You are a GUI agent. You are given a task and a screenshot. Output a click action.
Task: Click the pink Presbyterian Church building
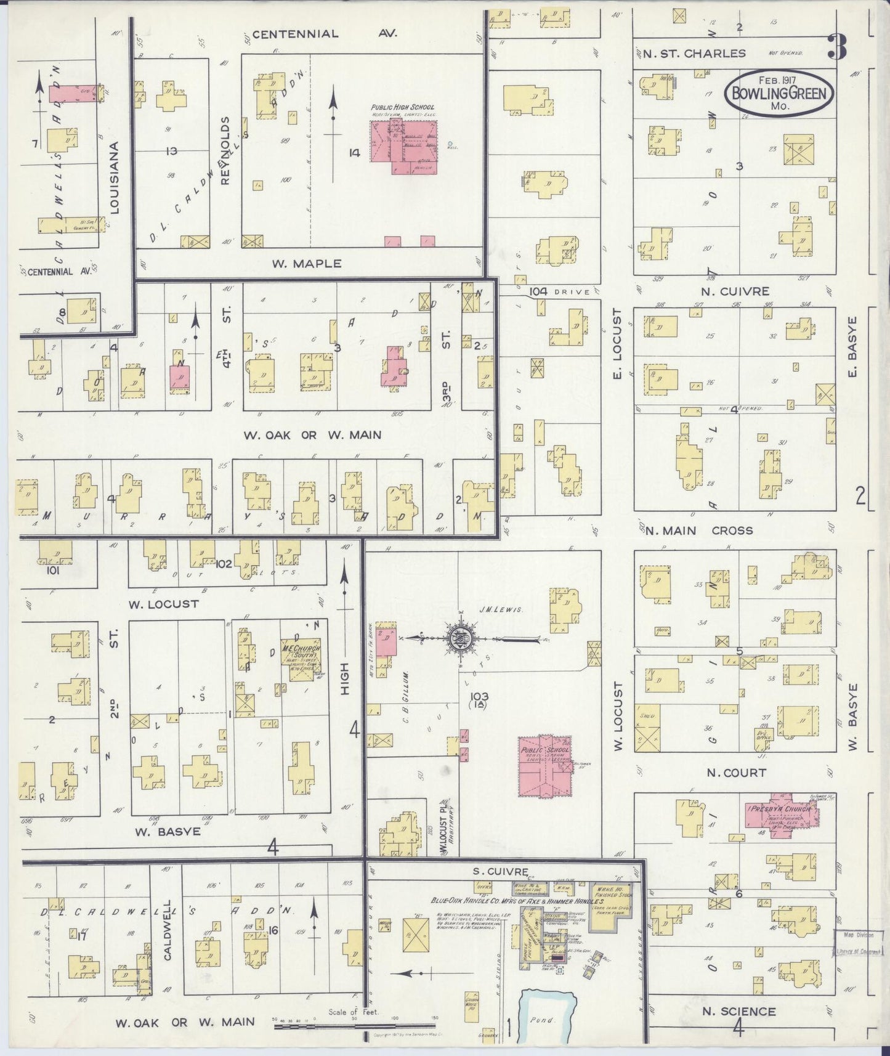[782, 819]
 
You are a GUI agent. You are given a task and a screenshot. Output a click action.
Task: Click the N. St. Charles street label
[694, 54]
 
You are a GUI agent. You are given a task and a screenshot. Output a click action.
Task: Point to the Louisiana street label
[115, 177]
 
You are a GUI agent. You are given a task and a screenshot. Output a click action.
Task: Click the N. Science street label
[739, 1011]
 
